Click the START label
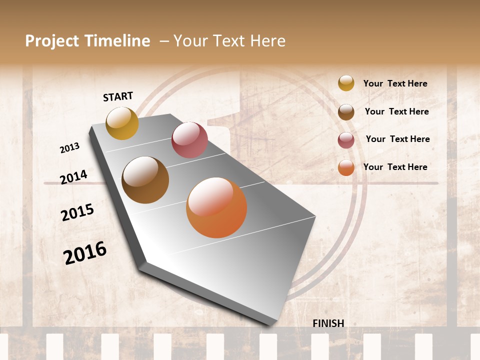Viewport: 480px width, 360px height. click(118, 96)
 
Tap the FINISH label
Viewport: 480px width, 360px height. click(328, 323)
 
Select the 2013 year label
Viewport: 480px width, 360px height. click(69, 148)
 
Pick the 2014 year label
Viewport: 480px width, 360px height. click(73, 177)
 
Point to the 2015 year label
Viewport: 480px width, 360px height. click(77, 212)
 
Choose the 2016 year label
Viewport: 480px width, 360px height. click(85, 253)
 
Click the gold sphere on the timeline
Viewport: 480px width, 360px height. click(122, 123)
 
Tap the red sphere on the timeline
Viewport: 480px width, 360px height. click(189, 140)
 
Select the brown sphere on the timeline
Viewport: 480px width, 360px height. click(145, 180)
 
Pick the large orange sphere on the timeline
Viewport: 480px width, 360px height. click(216, 207)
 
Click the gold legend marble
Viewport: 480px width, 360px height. click(346, 83)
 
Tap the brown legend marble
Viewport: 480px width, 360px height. click(346, 112)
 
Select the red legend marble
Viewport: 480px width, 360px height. click(346, 140)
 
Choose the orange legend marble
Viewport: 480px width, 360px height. click(346, 168)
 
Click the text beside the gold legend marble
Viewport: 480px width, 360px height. click(395, 84)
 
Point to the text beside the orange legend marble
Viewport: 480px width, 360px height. click(395, 167)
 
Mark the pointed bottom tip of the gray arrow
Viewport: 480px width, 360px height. click(270, 325)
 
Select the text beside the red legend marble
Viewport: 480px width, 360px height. click(397, 139)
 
